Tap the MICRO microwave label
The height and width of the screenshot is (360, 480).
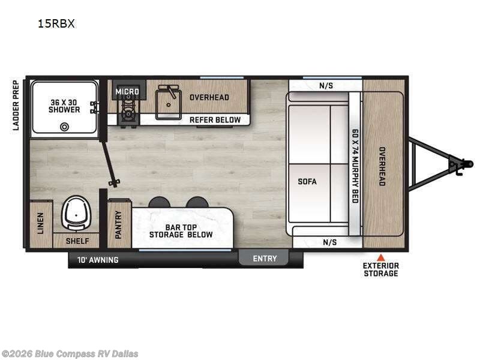pyautogui.click(x=127, y=92)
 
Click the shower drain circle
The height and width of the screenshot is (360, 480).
pyautogui.click(x=64, y=126)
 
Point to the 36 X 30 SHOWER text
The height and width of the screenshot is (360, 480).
pyautogui.click(x=65, y=106)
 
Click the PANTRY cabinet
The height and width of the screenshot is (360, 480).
pyautogui.click(x=119, y=224)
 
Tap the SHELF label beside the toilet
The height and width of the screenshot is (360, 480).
pyautogui.click(x=77, y=241)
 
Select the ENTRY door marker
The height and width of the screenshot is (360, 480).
pyautogui.click(x=265, y=259)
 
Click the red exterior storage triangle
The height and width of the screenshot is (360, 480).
pyautogui.click(x=380, y=257)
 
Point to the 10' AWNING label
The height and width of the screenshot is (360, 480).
pyautogui.click(x=98, y=260)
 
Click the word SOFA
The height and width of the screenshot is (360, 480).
pyautogui.click(x=307, y=181)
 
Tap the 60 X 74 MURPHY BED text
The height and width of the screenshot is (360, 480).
pyautogui.click(x=355, y=166)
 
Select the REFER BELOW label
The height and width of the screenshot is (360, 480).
pyautogui.click(x=215, y=119)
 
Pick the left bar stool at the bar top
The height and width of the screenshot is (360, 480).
pyautogui.click(x=159, y=202)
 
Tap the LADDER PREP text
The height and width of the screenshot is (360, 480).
pyautogui.click(x=16, y=106)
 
